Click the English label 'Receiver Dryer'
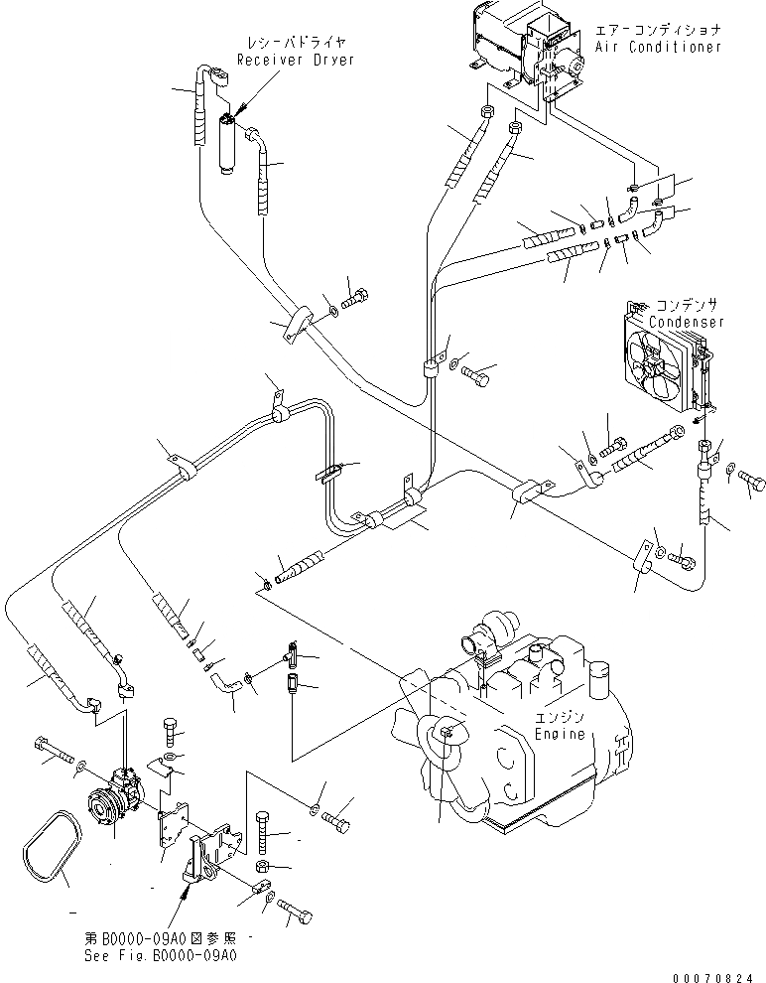295,60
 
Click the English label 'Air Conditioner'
658,47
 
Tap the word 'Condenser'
687,322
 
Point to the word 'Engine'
561,734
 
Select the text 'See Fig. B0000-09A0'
161,956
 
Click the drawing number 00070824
719,974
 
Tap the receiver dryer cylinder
227,144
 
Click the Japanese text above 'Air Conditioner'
658,31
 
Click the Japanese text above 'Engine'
561,718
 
